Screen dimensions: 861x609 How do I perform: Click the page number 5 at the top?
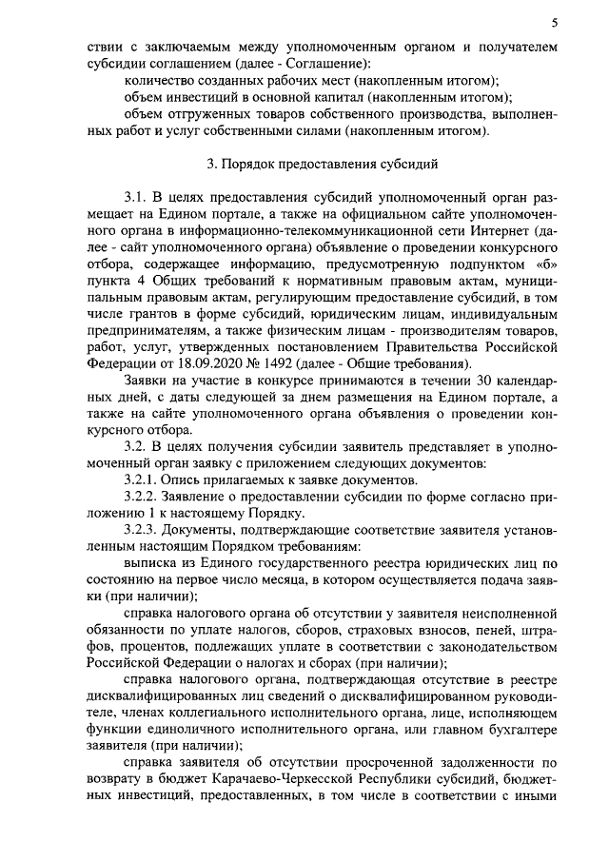(x=554, y=21)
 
